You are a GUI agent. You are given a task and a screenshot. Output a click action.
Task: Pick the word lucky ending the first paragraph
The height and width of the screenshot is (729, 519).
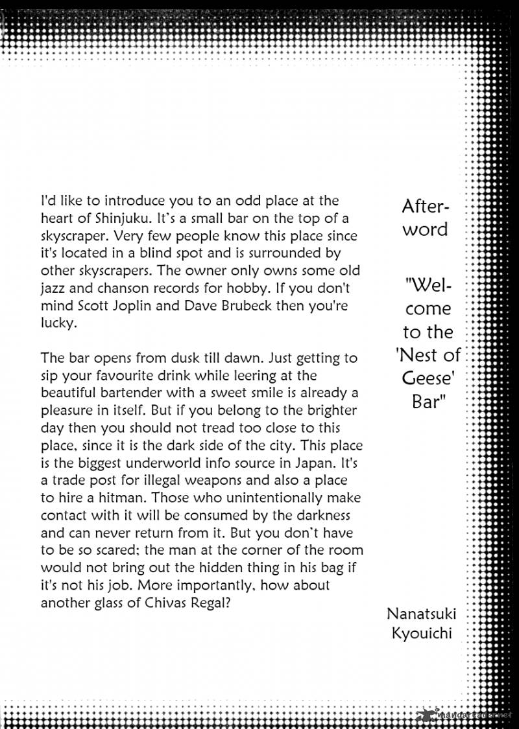(58, 323)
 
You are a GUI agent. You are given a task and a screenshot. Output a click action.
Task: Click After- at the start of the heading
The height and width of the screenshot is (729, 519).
(426, 207)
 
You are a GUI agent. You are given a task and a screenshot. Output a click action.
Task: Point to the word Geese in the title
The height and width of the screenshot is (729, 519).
(426, 378)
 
